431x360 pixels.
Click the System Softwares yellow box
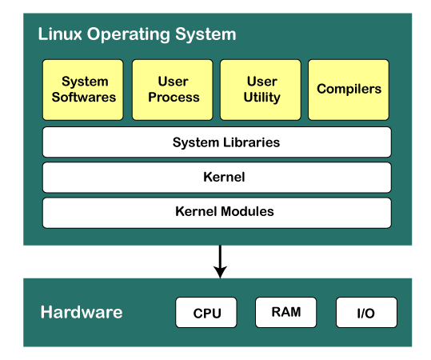pos(83,90)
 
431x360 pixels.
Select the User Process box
pos(173,90)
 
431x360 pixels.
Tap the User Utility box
pos(261,90)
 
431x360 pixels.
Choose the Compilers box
pos(349,90)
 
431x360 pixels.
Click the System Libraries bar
pos(217,142)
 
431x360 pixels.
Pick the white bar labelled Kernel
pos(217,177)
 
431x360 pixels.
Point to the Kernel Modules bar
pos(217,212)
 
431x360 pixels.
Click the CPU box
pos(206,313)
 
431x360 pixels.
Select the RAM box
pos(285,312)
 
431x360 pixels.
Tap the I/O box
pos(366,313)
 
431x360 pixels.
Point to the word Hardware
pos(82,312)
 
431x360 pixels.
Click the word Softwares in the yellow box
pos(84,98)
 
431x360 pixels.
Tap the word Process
pos(174,98)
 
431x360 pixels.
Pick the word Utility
pos(261,98)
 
